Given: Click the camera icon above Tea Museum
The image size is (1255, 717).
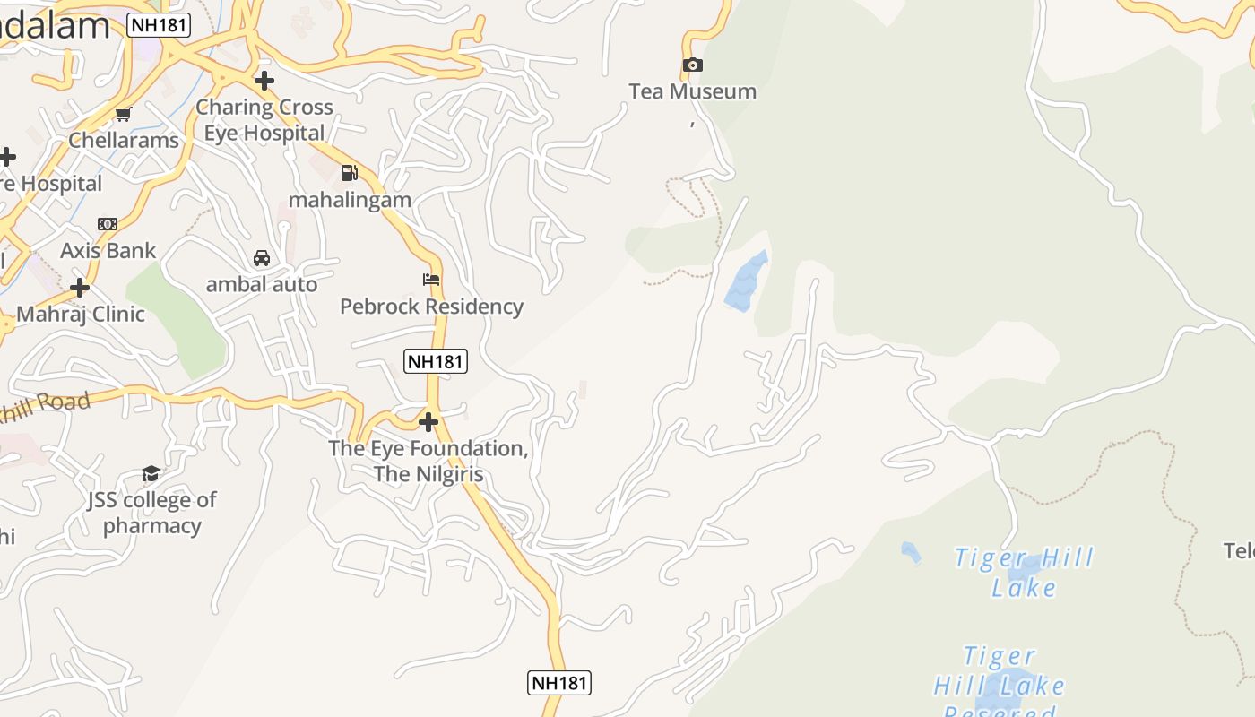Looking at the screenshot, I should click(x=692, y=65).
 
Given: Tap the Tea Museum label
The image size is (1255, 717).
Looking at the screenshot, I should click(x=692, y=91).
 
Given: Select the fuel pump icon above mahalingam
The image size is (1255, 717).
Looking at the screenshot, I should click(x=350, y=173).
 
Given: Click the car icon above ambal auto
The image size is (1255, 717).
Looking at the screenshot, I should click(x=262, y=258).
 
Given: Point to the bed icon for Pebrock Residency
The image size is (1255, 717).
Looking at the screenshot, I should click(x=431, y=280).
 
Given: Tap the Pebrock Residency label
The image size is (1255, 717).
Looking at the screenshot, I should click(x=431, y=307).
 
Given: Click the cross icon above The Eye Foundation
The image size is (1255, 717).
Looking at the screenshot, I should click(x=428, y=421).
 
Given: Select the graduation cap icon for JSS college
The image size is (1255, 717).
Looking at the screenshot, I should click(x=151, y=473).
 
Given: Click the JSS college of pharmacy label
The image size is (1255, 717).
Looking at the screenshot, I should click(x=152, y=513).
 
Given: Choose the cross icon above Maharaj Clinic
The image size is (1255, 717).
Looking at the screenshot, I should click(x=80, y=288).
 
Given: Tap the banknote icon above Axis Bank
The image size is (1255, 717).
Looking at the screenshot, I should click(x=108, y=224).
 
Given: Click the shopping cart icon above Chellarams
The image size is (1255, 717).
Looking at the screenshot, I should click(x=124, y=114).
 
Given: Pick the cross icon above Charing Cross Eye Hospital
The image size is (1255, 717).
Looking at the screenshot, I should click(x=264, y=81).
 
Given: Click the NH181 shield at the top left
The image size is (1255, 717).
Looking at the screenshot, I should click(x=160, y=25).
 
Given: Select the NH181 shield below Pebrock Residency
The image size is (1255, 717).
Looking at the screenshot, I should click(x=436, y=361).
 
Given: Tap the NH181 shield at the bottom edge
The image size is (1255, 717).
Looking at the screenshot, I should click(x=558, y=683).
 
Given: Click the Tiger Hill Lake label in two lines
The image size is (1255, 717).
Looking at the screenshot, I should click(x=1024, y=573).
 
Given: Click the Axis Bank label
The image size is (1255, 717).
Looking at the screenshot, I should click(x=108, y=251).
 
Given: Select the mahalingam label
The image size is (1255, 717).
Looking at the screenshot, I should click(x=350, y=200).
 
